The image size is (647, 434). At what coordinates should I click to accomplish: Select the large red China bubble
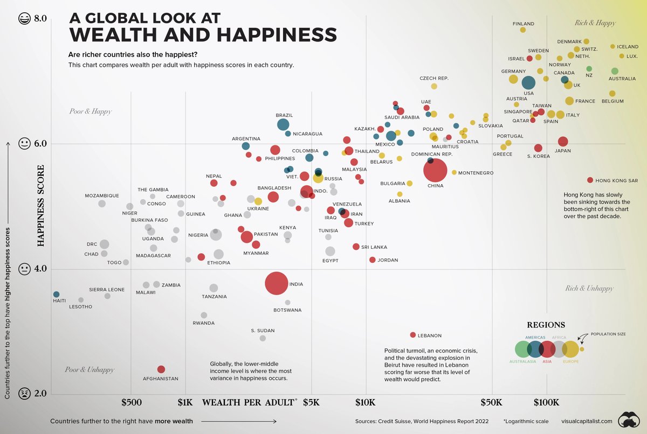pos(435,171)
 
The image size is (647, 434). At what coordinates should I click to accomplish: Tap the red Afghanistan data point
pos(161,369)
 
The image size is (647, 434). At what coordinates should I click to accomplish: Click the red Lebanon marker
pos(413,335)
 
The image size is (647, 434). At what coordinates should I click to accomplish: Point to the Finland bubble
pos(522,30)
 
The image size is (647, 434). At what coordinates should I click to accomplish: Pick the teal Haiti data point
pos(56,295)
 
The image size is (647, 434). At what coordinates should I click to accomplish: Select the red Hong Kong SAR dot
pos(590,180)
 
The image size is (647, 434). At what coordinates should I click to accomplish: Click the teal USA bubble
pos(528,83)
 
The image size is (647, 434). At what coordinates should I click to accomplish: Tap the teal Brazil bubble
pos(283,125)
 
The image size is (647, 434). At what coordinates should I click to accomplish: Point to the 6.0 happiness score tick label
pos(42,144)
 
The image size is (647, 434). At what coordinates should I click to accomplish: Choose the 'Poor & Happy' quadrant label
pos(90,112)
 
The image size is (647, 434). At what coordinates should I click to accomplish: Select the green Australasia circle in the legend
pos(523,349)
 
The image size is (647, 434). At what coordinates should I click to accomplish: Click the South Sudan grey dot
pos(263,338)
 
